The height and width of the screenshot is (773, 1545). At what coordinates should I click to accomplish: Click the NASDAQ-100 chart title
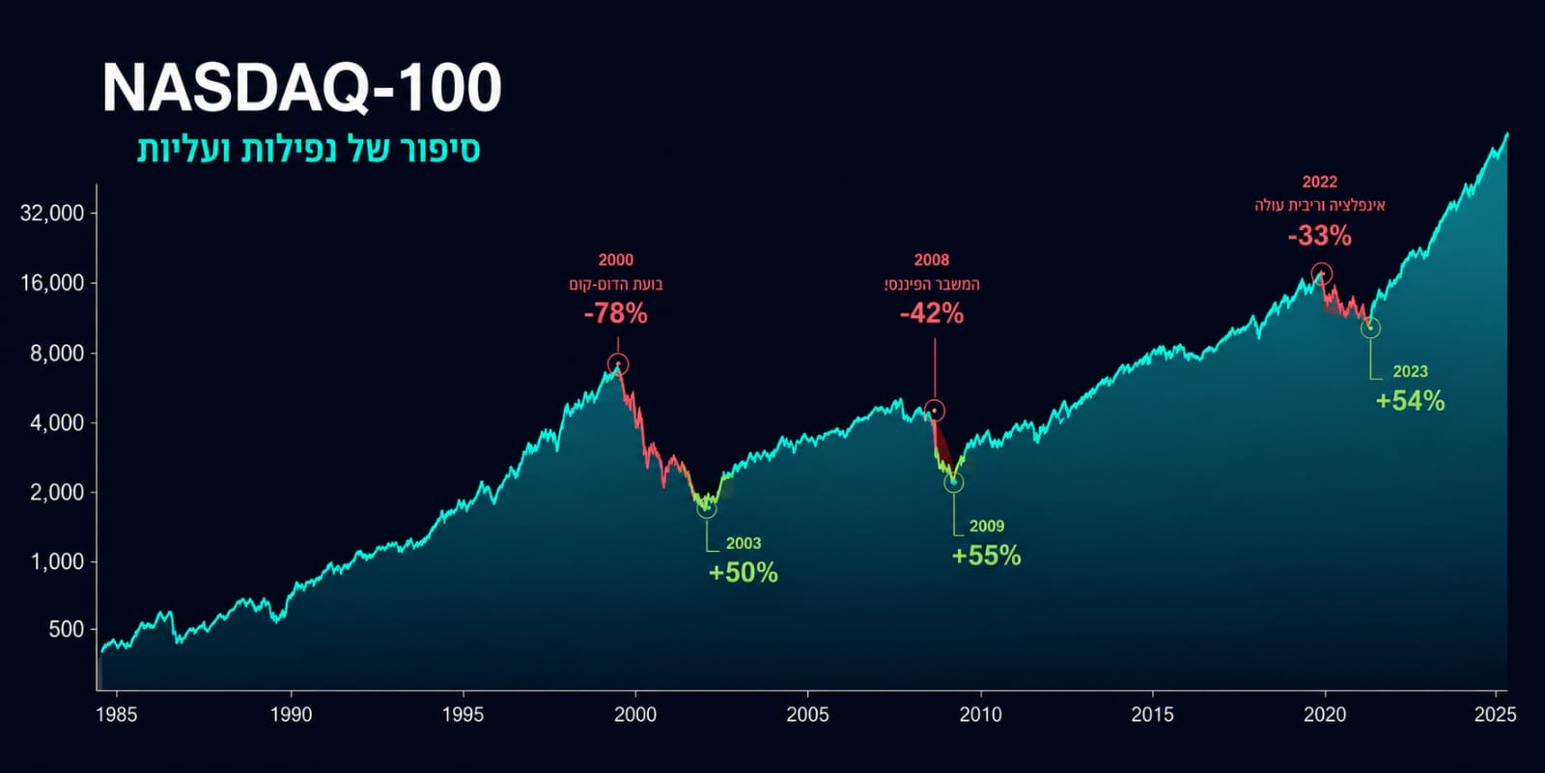pyautogui.click(x=301, y=88)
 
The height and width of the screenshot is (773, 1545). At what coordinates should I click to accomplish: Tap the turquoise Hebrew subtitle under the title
pyautogui.click(x=308, y=150)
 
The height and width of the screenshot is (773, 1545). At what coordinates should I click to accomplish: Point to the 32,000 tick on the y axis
pyautogui.click(x=52, y=213)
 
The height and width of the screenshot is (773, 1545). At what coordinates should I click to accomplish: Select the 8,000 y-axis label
pyautogui.click(x=57, y=354)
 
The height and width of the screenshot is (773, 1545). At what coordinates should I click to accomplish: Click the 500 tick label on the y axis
pyautogui.click(x=67, y=629)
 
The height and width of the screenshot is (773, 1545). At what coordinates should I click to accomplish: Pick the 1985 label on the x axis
pyautogui.click(x=117, y=714)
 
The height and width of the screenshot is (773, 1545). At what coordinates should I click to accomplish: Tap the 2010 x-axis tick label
pyautogui.click(x=980, y=714)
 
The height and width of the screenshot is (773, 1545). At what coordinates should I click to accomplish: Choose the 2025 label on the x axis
pyautogui.click(x=1496, y=714)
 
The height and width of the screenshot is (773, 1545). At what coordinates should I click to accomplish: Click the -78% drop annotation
pyautogui.click(x=616, y=314)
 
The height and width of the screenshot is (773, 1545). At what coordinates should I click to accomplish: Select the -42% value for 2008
pyautogui.click(x=932, y=314)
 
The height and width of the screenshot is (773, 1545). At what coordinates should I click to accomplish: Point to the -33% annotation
pyautogui.click(x=1319, y=236)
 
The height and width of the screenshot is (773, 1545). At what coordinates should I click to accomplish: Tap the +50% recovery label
pyautogui.click(x=743, y=573)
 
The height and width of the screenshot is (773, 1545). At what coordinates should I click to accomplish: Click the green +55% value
pyautogui.click(x=986, y=556)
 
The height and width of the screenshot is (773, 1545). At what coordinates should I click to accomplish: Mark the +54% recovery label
pyautogui.click(x=1410, y=401)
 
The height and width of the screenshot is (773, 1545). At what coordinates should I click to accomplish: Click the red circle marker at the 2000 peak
pyautogui.click(x=618, y=355)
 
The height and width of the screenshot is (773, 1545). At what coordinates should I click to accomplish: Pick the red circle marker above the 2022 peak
pyautogui.click(x=1322, y=264)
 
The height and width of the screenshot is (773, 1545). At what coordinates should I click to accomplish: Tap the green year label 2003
pyautogui.click(x=744, y=543)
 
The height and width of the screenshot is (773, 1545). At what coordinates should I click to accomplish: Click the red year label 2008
pyautogui.click(x=932, y=260)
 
